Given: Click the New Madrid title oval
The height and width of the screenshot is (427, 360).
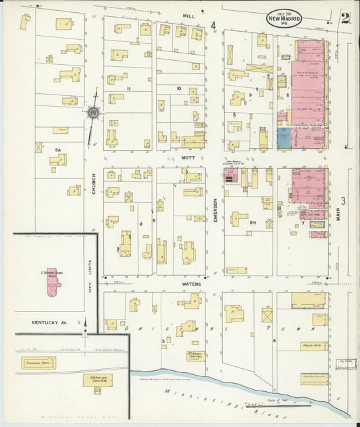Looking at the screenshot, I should pyautogui.click(x=284, y=18).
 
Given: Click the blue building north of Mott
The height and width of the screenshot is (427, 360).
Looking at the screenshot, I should pyautogui.click(x=284, y=138).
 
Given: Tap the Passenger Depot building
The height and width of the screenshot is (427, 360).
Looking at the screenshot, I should pyautogui.click(x=39, y=363).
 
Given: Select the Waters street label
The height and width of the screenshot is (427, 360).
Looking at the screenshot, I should pyautogui.click(x=193, y=284).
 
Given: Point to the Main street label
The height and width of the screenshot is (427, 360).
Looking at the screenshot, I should pyautogui.click(x=336, y=216).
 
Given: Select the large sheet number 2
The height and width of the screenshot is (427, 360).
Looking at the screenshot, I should pyautogui.click(x=344, y=18).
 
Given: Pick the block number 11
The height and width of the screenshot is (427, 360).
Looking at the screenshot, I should pyautogui.click(x=127, y=89).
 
